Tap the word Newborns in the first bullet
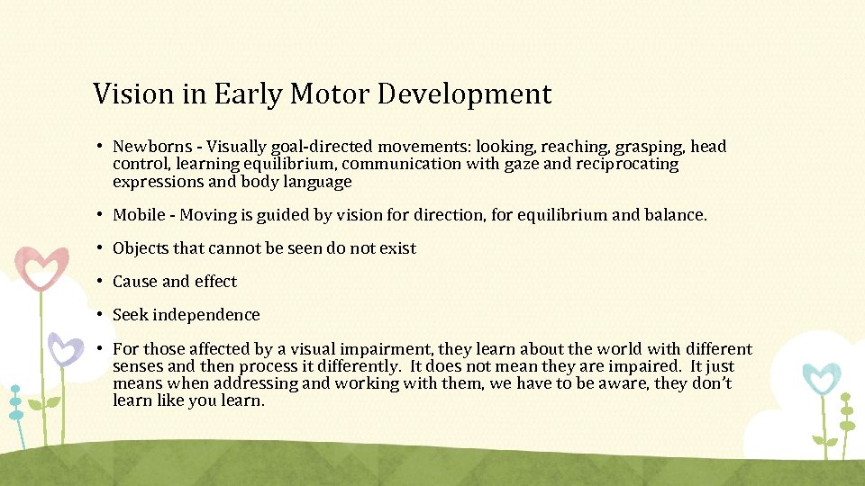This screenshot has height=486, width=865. [x=150, y=147]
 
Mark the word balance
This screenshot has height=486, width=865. [x=676, y=215]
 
